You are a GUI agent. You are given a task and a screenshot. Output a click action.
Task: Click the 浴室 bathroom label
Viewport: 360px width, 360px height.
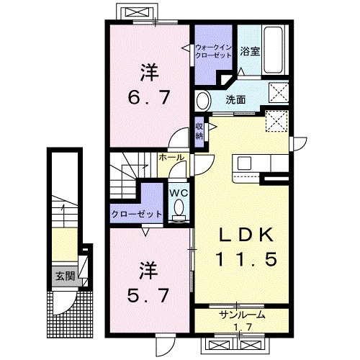[x=250, y=51]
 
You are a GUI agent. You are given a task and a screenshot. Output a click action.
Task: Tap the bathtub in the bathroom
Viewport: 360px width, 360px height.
[x=273, y=50]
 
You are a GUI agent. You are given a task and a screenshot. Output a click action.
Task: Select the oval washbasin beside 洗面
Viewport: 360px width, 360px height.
[x=204, y=101]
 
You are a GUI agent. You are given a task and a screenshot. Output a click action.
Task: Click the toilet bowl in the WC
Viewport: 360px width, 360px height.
[x=179, y=207]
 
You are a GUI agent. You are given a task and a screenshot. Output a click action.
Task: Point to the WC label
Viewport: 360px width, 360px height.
[x=179, y=192]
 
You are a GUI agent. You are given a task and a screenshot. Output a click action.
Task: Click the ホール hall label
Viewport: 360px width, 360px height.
[x=171, y=158]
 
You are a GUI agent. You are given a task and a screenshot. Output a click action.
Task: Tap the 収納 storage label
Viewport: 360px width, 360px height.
[x=199, y=131]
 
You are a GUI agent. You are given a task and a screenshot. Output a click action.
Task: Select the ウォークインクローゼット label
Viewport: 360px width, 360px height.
[x=213, y=51]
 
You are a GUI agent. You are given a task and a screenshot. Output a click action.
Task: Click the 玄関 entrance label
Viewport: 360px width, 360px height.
[x=66, y=276]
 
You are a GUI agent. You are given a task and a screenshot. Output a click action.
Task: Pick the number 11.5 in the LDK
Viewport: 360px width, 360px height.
[x=247, y=259]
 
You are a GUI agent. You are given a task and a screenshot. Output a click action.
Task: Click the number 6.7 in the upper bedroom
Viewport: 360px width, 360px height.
[x=149, y=96]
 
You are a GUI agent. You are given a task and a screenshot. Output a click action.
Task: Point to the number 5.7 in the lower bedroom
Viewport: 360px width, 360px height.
[x=148, y=295]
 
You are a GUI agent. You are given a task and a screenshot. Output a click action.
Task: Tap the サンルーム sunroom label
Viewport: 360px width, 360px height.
[x=243, y=315]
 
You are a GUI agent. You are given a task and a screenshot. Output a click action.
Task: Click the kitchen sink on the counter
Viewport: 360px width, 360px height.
[x=244, y=163]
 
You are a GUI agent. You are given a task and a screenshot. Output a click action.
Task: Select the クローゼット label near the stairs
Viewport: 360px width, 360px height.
[x=136, y=214]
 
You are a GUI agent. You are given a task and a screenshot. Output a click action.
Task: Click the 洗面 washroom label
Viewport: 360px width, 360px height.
[x=235, y=100]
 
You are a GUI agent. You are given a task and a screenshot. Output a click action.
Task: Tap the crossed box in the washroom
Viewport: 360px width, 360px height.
[x=279, y=93]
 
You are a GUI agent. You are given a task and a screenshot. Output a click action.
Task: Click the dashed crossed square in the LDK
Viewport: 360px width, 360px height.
[x=276, y=121]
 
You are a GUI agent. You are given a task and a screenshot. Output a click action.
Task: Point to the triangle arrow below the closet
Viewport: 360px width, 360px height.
[x=145, y=232]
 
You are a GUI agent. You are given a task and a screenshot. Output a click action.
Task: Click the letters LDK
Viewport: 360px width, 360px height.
[x=246, y=235]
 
